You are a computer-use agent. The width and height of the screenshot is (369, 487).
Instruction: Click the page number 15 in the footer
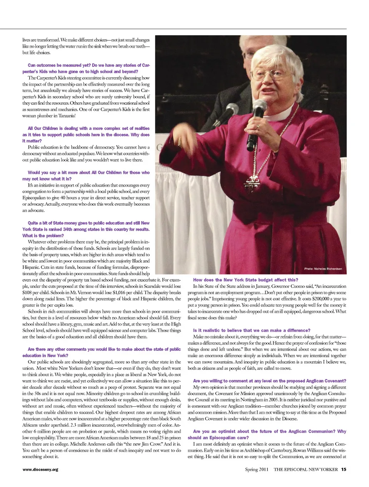(x=344, y=469)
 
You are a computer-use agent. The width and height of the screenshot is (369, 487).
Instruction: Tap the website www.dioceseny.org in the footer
(x=40, y=469)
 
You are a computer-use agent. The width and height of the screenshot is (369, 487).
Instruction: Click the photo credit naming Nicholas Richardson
(x=323, y=269)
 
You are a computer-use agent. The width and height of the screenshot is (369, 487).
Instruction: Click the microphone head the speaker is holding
(x=259, y=107)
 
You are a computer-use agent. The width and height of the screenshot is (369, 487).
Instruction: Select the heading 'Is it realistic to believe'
(x=251, y=330)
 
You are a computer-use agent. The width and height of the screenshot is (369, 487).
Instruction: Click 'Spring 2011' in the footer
(x=257, y=469)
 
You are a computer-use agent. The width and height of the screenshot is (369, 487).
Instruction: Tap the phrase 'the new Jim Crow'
(x=134, y=444)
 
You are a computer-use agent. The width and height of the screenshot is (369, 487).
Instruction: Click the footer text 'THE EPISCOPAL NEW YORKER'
(x=306, y=469)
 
